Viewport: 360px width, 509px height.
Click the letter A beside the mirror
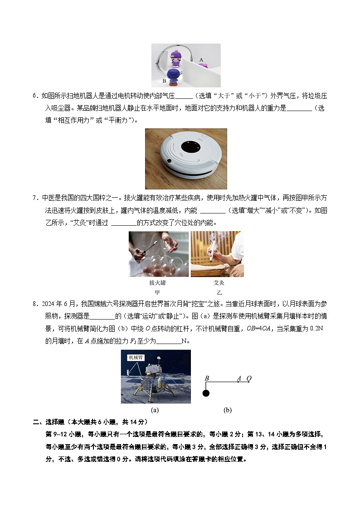coord(201,59)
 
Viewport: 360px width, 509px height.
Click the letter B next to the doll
coord(164,81)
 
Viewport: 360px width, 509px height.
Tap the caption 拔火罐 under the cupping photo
coord(157,283)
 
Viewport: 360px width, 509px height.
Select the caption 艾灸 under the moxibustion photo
coord(219,283)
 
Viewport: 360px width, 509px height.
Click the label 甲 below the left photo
coord(157,292)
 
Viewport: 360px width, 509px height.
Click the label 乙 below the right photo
coord(219,292)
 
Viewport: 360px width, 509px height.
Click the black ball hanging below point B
coord(206,393)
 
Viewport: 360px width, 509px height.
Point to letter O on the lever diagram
coord(248,378)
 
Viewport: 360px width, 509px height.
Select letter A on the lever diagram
coord(238,378)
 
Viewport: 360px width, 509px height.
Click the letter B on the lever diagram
coord(207,378)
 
